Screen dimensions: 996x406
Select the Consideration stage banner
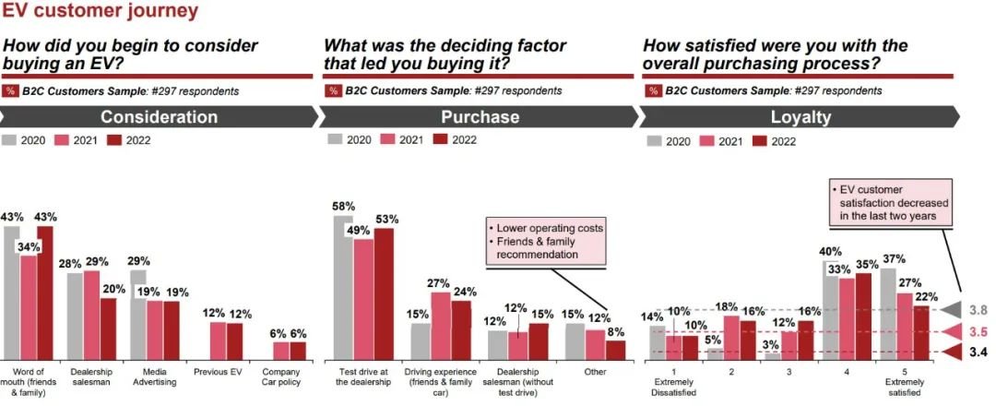159,117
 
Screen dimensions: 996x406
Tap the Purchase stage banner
480,117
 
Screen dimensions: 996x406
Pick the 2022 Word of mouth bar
45,293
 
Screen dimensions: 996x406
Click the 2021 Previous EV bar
219,341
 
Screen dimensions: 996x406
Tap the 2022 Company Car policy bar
298,351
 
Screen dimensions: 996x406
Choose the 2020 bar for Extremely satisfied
889,314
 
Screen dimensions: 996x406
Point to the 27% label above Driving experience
439,282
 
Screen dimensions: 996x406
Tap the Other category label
596,372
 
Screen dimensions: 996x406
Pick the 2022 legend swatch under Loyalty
760,140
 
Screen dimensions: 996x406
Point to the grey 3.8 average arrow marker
950,310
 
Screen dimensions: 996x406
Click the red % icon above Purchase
334,90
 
